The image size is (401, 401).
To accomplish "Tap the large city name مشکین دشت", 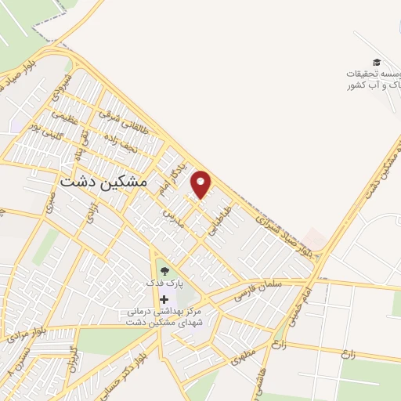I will coord(103,179).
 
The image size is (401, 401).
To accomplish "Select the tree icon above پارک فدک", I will coord(164,271).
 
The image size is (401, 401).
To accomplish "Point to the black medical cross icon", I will coord(164,299).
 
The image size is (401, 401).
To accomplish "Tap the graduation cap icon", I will coord(376,63).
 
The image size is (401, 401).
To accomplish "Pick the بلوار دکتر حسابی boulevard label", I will coord(136,363).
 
